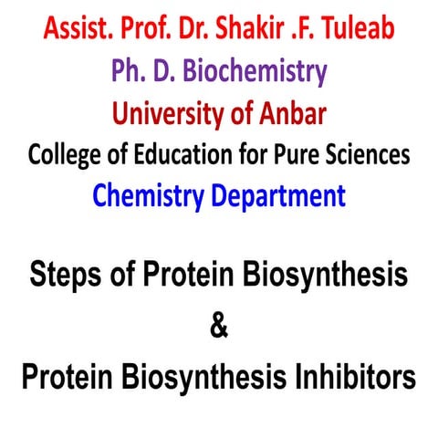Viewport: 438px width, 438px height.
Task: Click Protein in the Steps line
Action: click(x=185, y=275)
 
